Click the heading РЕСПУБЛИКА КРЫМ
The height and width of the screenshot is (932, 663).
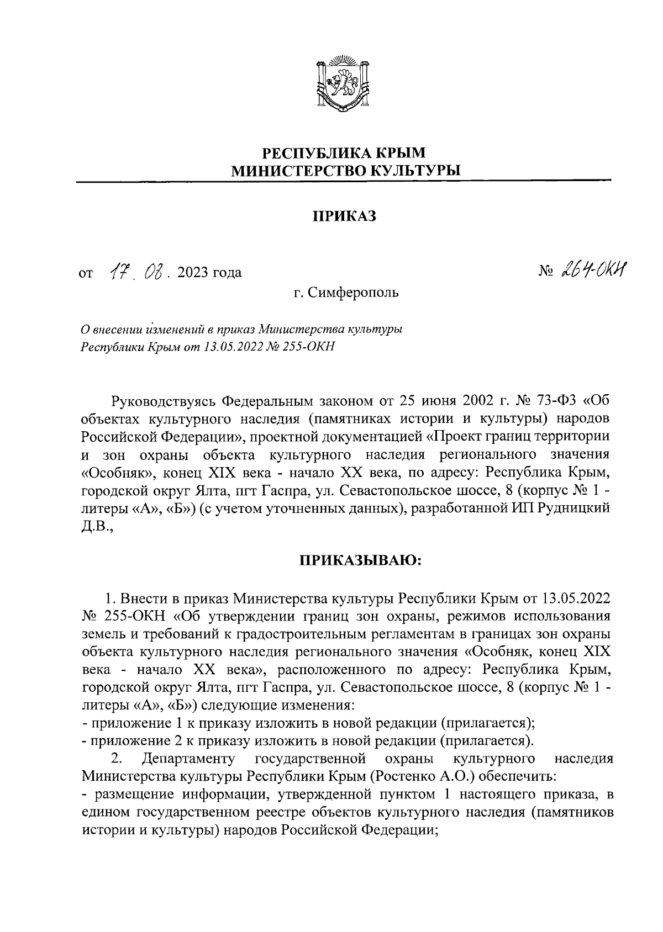344,152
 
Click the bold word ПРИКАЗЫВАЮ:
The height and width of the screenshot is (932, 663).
360,561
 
